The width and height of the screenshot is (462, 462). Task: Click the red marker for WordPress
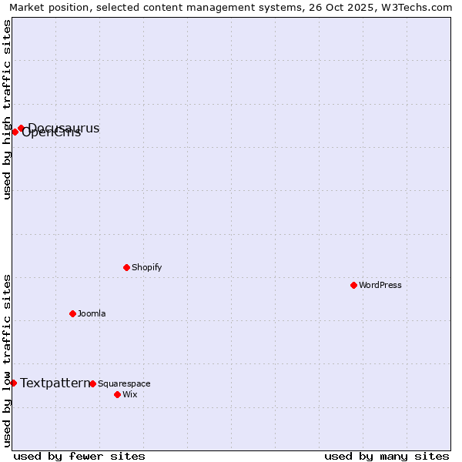pyautogui.click(x=353, y=285)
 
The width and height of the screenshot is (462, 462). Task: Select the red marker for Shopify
pyautogui.click(x=126, y=267)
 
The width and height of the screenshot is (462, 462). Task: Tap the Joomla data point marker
pyautogui.click(x=72, y=313)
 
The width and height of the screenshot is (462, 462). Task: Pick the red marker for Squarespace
pyautogui.click(x=92, y=383)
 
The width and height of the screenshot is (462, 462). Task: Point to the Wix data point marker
pyautogui.click(x=117, y=394)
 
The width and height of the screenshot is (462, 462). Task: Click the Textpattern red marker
pyautogui.click(x=13, y=383)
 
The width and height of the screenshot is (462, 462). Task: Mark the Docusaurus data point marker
pyautogui.click(x=21, y=128)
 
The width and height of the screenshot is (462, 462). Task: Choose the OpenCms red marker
pyautogui.click(x=15, y=132)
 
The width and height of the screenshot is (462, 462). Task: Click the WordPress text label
pyautogui.click(x=380, y=285)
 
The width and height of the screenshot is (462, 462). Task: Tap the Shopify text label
pyautogui.click(x=146, y=267)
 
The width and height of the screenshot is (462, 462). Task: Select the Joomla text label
pyautogui.click(x=92, y=313)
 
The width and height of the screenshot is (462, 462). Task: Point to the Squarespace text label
pyautogui.click(x=124, y=383)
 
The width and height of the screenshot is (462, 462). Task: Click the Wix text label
pyautogui.click(x=129, y=394)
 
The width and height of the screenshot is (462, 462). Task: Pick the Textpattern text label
pyautogui.click(x=55, y=383)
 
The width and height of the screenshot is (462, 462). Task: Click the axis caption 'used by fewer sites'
pyautogui.click(x=79, y=456)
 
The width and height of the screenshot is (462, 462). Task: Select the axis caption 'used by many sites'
pyautogui.click(x=387, y=456)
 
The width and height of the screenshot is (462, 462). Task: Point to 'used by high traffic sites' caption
pyautogui.click(x=7, y=109)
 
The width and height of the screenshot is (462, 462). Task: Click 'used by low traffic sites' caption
pyautogui.click(x=7, y=360)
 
